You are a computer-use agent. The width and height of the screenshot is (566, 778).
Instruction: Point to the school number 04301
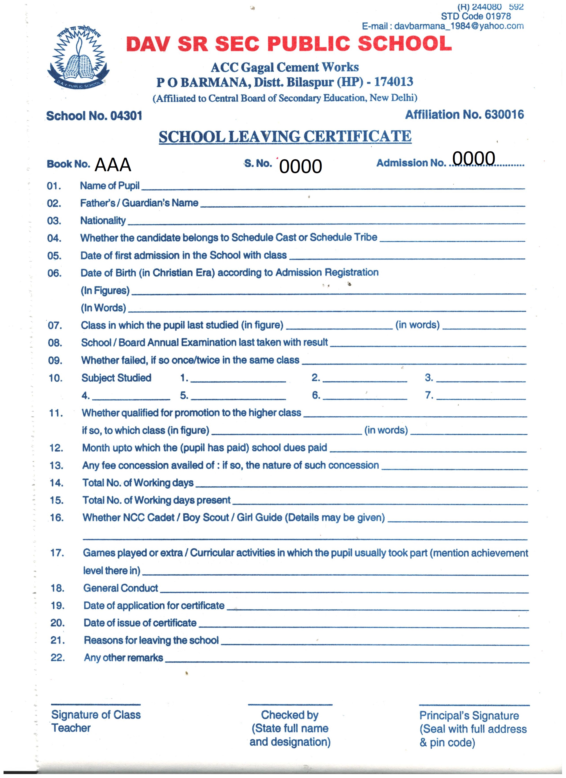pyautogui.click(x=126, y=116)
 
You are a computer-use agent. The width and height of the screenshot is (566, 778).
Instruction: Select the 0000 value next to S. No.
pyautogui.click(x=300, y=166)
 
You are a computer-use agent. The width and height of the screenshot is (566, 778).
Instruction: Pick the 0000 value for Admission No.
pyautogui.click(x=474, y=159)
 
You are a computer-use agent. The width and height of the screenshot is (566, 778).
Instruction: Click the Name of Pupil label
pyautogui.click(x=110, y=186)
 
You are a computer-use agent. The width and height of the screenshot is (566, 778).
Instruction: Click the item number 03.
pyautogui.click(x=54, y=221)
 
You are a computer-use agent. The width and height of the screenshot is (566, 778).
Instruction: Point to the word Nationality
pyautogui.click(x=103, y=221)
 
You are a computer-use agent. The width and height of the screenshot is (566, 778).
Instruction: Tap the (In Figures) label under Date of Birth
pyautogui.click(x=105, y=291)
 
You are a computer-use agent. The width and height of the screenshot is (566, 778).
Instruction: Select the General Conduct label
pyautogui.click(x=121, y=588)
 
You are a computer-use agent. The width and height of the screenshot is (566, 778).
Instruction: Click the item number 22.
pyautogui.click(x=58, y=658)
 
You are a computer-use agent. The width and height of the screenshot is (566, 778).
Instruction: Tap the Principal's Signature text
pyautogui.click(x=469, y=715)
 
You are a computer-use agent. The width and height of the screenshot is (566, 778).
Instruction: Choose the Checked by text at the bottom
pyautogui.click(x=290, y=715)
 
